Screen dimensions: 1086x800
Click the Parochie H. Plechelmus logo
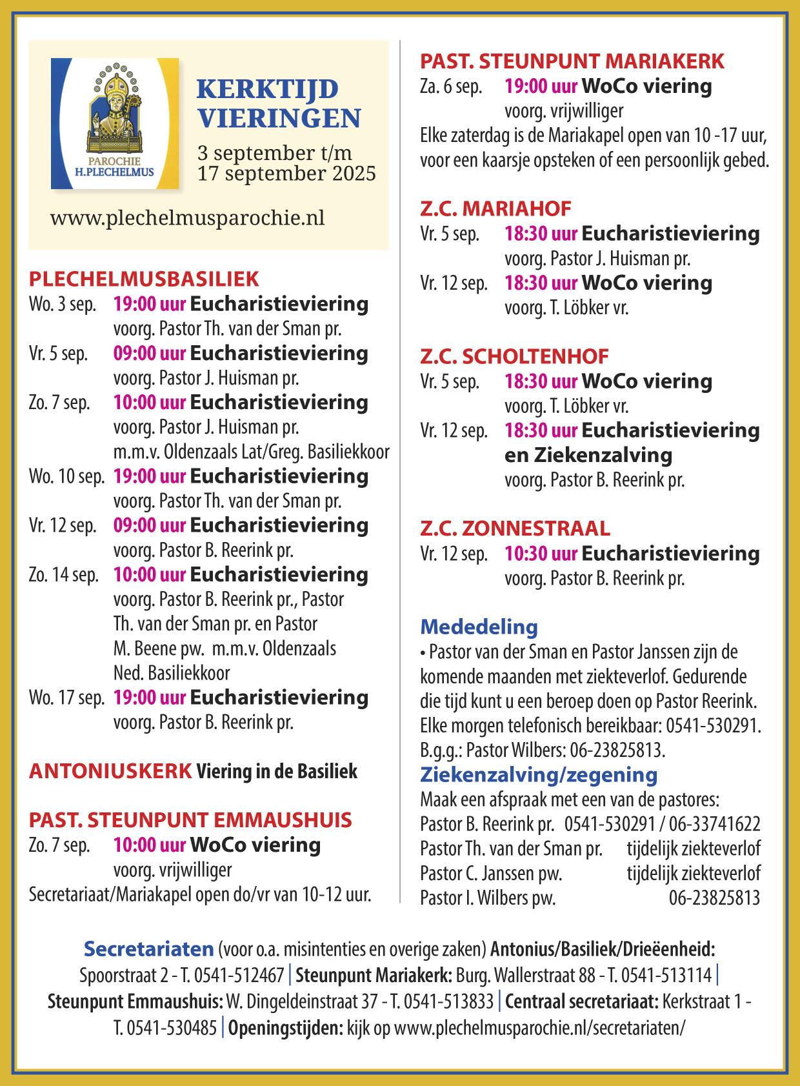(115, 123)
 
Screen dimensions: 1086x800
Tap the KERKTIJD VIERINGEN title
(279, 103)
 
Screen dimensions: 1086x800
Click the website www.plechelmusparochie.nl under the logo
(187, 217)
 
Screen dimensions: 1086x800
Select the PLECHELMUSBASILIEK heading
(144, 279)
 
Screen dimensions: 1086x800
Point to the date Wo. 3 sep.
(63, 304)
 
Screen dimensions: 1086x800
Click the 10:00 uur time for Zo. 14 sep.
(150, 575)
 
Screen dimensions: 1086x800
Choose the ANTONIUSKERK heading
(110, 770)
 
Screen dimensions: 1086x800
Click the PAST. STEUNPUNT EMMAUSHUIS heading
(190, 820)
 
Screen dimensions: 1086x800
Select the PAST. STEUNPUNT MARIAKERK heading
(572, 61)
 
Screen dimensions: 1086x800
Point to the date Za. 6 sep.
(451, 87)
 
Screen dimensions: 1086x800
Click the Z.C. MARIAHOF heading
(495, 208)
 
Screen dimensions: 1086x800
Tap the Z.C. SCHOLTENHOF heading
(514, 356)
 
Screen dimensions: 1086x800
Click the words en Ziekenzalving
(588, 455)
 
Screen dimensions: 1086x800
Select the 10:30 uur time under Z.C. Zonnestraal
(541, 554)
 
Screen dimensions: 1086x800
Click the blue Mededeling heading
(479, 627)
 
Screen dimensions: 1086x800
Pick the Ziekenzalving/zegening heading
(539, 774)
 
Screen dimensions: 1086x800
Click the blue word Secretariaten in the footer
(148, 949)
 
